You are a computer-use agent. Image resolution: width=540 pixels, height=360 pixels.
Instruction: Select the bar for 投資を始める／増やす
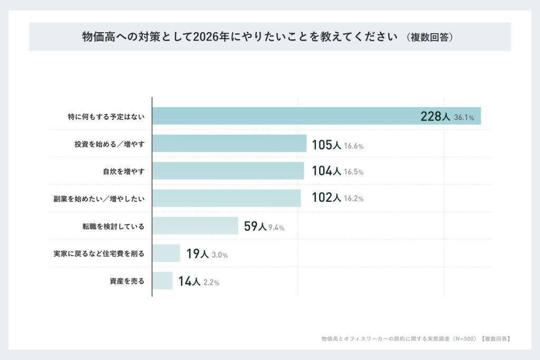pyautogui.click(x=229, y=143)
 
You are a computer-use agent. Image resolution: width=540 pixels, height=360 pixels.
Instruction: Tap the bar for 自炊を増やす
pyautogui.click(x=228, y=171)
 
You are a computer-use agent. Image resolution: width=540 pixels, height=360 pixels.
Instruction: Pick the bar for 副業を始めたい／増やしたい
pyautogui.click(x=227, y=198)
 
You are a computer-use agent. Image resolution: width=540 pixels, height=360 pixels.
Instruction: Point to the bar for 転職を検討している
pyautogui.click(x=195, y=226)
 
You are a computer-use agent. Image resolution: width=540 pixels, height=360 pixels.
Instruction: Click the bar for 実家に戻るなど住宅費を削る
pyautogui.click(x=166, y=253)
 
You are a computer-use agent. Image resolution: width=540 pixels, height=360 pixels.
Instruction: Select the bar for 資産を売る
pyautogui.click(x=162, y=280)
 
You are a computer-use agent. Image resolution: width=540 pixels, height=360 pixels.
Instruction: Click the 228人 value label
pyautogui.click(x=435, y=116)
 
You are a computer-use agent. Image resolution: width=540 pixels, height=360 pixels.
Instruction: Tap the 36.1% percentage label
pyautogui.click(x=464, y=118)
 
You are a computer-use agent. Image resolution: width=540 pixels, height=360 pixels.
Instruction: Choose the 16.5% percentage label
pyautogui.click(x=354, y=172)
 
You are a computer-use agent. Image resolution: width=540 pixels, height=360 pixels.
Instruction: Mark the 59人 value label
pyautogui.click(x=255, y=227)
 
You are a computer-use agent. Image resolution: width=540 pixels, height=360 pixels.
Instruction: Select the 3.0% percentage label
pyautogui.click(x=219, y=255)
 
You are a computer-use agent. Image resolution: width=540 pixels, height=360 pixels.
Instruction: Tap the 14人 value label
pyautogui.click(x=189, y=281)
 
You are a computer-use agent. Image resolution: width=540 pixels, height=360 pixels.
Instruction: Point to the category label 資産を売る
pyautogui.click(x=127, y=280)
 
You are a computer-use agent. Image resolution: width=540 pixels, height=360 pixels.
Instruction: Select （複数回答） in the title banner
pyautogui.click(x=430, y=37)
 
